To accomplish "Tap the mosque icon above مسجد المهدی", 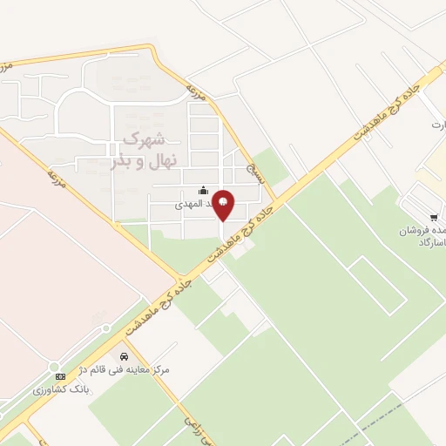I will pyautogui.click(x=204, y=191).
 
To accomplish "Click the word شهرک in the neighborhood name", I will pyautogui.click(x=145, y=138).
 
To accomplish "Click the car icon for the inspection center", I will pyautogui.click(x=125, y=357).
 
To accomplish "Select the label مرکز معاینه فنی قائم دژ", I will pyautogui.click(x=122, y=370).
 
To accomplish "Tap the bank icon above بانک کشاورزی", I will pyautogui.click(x=59, y=375).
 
